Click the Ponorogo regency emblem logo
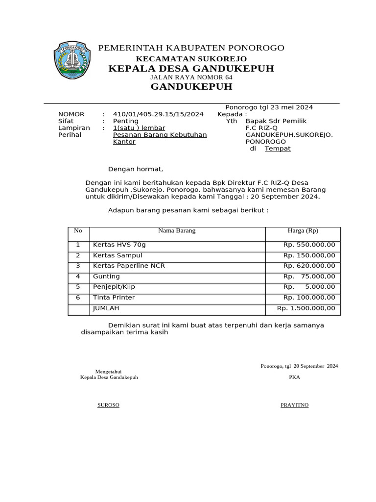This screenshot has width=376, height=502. pyautogui.click(x=72, y=60)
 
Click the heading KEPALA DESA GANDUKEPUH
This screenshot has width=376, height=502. pyautogui.click(x=191, y=68)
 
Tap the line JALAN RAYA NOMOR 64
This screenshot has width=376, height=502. pyautogui.click(x=191, y=77)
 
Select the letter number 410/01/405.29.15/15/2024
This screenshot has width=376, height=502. pyautogui.click(x=158, y=114)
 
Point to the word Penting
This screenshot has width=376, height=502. pyautogui.click(x=126, y=121)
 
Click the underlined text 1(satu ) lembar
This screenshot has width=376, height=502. pyautogui.click(x=139, y=128)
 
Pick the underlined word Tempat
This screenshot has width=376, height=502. pyautogui.click(x=278, y=149)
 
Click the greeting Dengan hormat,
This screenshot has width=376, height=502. pyautogui.click(x=136, y=169)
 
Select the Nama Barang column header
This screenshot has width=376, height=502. pyautogui.click(x=177, y=230)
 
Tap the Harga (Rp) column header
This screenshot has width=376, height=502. pyautogui.click(x=303, y=230)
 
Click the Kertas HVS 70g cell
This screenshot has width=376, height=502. pyautogui.click(x=119, y=245)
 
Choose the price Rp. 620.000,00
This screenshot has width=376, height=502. pyautogui.click(x=309, y=266)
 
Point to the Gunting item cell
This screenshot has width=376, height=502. pyautogui.click(x=106, y=276)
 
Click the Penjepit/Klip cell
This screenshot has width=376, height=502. pyautogui.click(x=114, y=287)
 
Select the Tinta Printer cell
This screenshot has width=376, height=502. pyautogui.click(x=114, y=298)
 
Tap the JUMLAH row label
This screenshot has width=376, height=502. pyautogui.click(x=106, y=308)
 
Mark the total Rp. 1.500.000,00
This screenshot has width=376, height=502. pyautogui.click(x=306, y=308)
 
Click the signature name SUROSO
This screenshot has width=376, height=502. pyautogui.click(x=109, y=405)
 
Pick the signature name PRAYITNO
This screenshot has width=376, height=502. pyautogui.click(x=294, y=405)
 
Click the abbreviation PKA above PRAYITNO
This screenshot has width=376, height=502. pyautogui.click(x=294, y=377)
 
